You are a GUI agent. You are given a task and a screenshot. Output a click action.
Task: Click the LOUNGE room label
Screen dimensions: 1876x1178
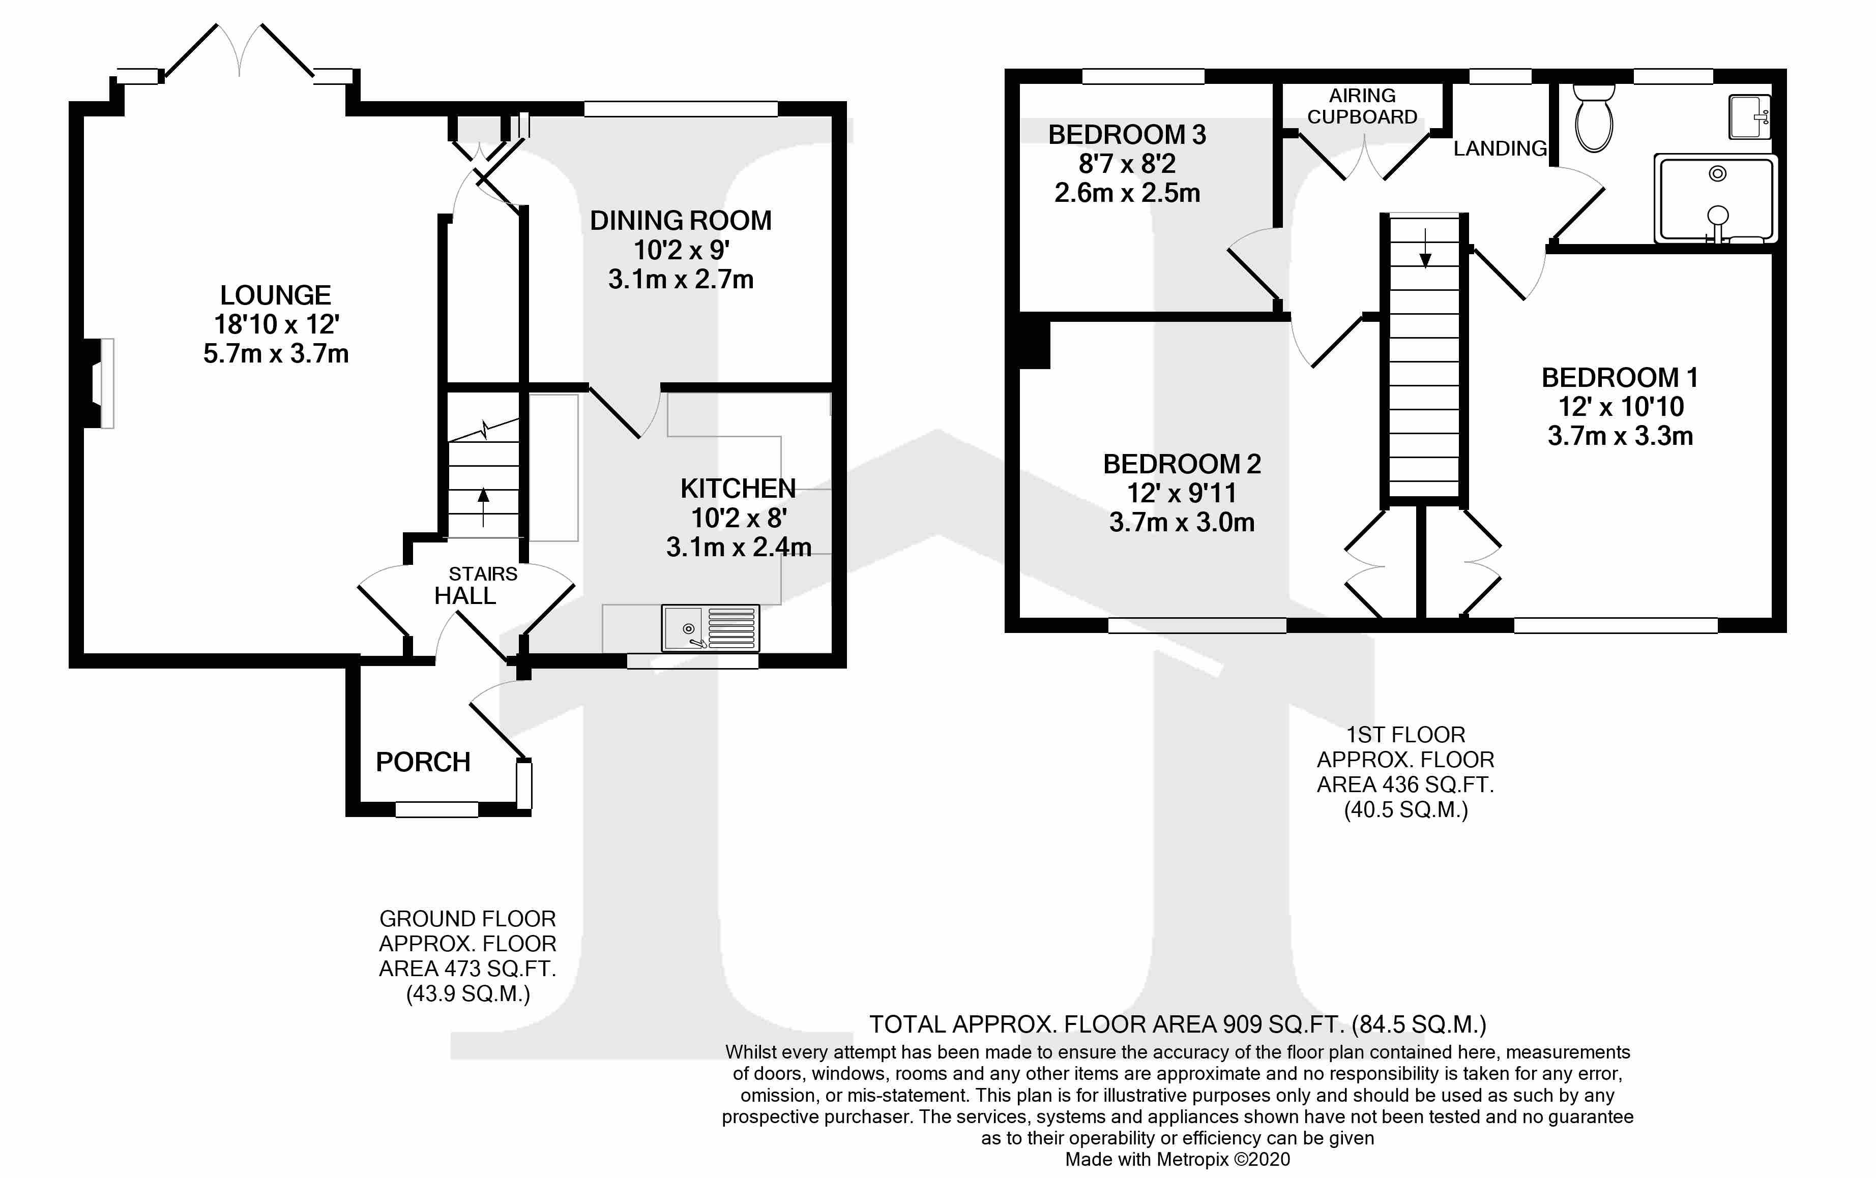(275, 295)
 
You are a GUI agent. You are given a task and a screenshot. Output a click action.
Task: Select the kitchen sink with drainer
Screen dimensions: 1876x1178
(710, 627)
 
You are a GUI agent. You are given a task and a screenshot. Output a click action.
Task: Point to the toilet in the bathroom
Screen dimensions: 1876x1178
(1593, 120)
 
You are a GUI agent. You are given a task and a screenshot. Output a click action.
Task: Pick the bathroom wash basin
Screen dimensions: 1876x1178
(1749, 117)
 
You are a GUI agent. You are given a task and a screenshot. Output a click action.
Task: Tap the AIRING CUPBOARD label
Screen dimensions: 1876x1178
(1362, 106)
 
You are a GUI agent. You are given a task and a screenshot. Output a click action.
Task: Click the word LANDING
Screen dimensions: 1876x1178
(1500, 148)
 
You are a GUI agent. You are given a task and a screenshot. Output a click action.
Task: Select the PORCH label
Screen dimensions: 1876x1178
(423, 762)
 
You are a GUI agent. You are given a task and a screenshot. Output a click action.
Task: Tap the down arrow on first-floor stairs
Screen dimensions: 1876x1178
(1425, 249)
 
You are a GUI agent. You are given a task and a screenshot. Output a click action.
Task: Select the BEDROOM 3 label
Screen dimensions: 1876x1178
(1127, 135)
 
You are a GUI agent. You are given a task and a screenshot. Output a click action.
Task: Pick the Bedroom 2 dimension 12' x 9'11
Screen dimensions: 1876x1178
(1181, 493)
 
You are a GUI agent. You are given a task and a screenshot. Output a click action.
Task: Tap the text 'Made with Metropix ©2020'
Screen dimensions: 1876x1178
(1177, 1159)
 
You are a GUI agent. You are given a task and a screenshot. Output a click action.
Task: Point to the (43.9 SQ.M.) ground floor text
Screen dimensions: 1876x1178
(467, 994)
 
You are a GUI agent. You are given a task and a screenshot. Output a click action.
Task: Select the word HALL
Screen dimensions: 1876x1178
(464, 596)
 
